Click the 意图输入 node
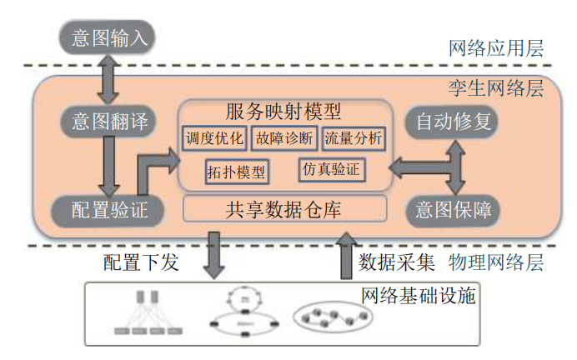(x=108, y=37)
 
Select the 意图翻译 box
(x=106, y=122)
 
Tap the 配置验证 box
(x=106, y=209)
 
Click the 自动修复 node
(x=454, y=122)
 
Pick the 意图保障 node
(x=454, y=209)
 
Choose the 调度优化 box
(x=215, y=138)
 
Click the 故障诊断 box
(x=284, y=138)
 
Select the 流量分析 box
(x=353, y=138)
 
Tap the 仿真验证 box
(x=331, y=169)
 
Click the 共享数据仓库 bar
(x=284, y=208)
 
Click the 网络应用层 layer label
(x=496, y=48)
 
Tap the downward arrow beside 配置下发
(x=215, y=254)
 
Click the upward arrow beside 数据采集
(x=345, y=254)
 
